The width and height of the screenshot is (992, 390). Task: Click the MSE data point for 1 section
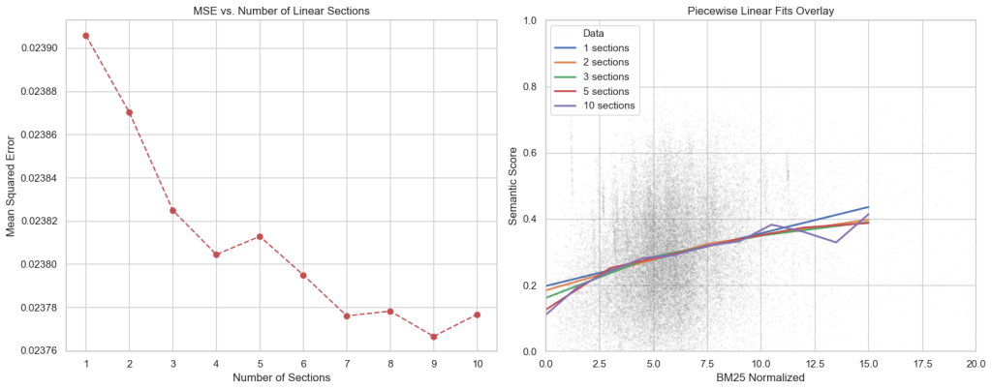coord(86,36)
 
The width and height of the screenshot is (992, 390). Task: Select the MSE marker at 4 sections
coord(216,255)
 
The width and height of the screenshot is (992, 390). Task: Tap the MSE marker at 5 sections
coord(260,236)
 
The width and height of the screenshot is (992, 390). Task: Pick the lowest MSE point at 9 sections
coord(433,336)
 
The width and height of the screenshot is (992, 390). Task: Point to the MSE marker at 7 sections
coord(347,315)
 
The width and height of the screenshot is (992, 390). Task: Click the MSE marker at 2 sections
coord(130,112)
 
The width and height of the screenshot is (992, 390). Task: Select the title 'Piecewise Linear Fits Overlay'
coord(760,10)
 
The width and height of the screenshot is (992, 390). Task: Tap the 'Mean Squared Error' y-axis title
coord(12,184)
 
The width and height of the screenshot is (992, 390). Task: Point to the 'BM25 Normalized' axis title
coord(760,377)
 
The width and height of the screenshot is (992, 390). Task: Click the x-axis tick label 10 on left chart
coord(477,364)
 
